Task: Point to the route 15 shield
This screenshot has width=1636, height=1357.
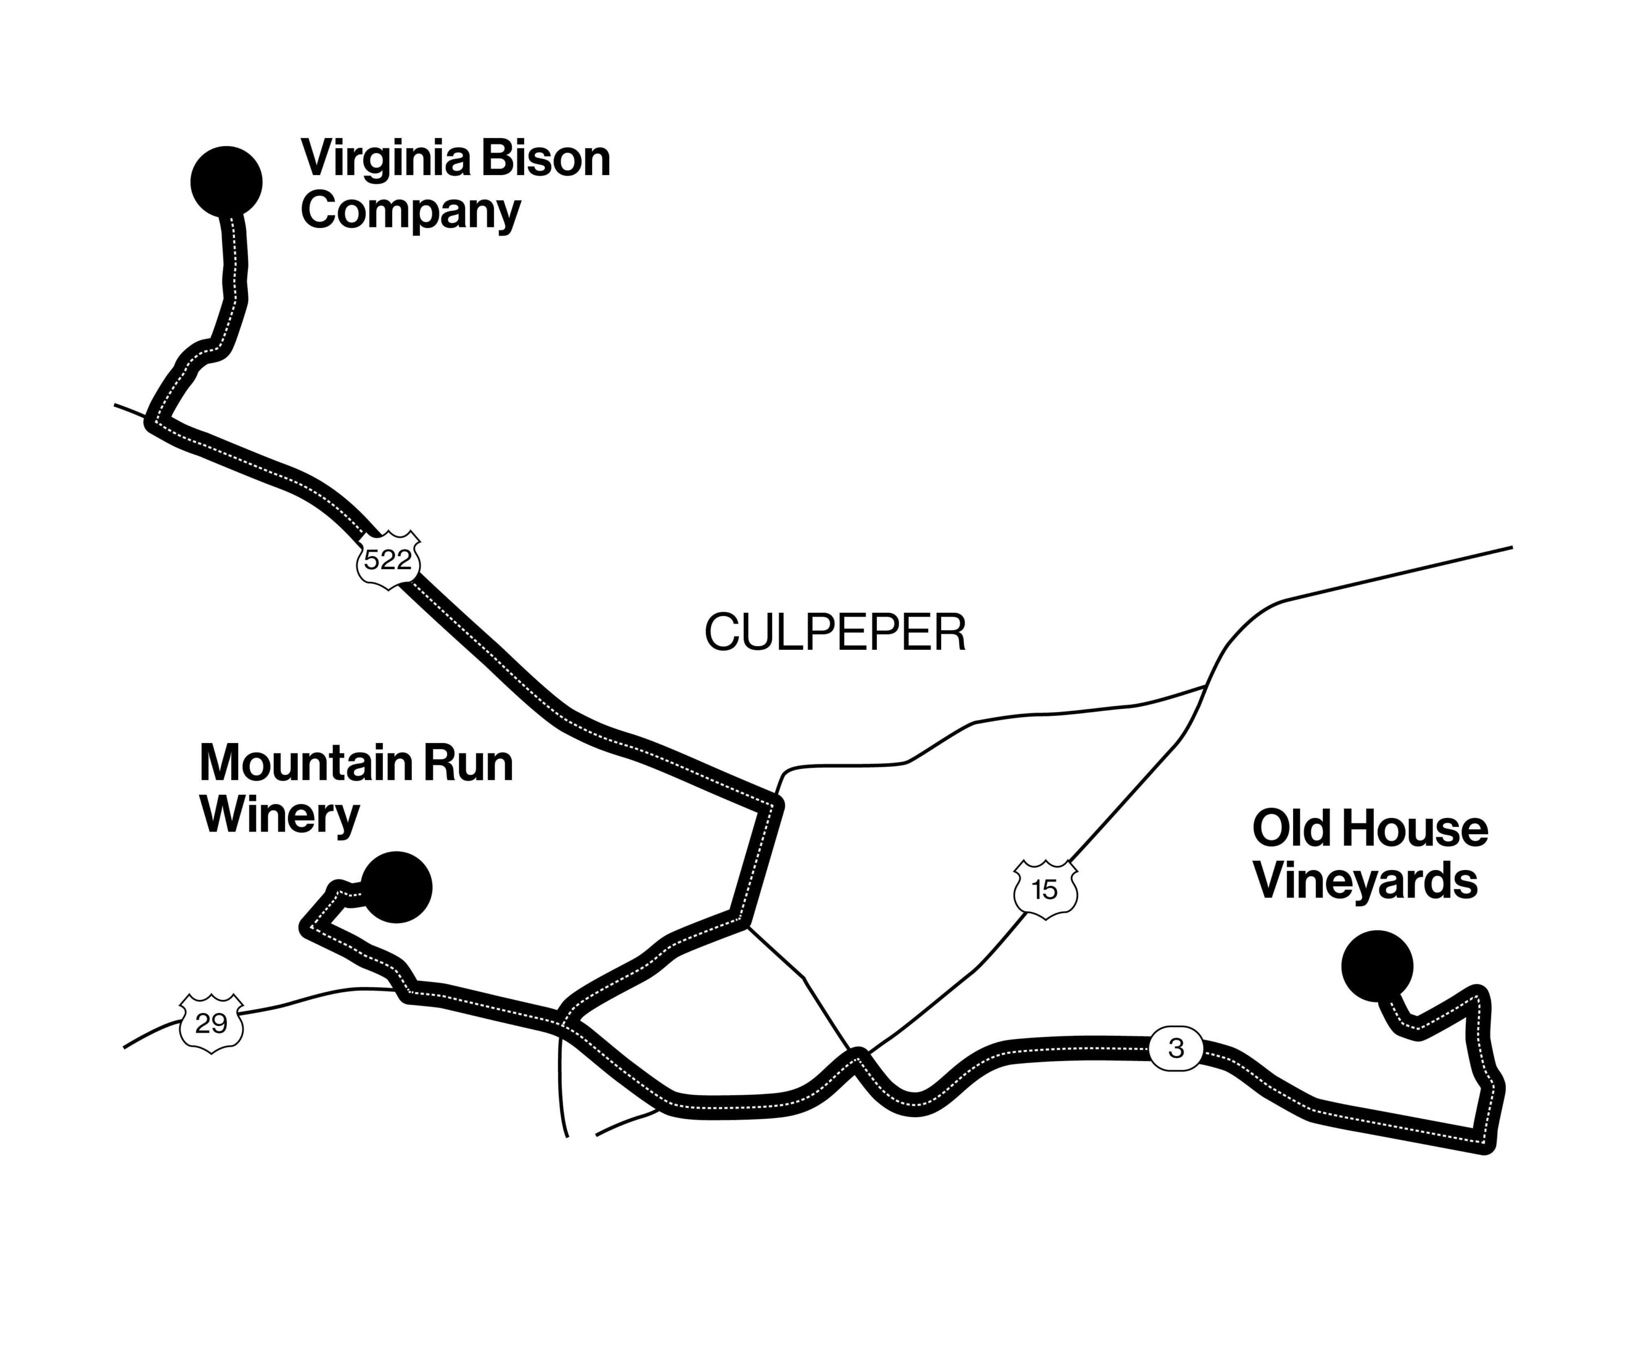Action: [1045, 890]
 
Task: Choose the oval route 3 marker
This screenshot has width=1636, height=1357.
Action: [1176, 1048]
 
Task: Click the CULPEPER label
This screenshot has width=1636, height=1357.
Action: [835, 632]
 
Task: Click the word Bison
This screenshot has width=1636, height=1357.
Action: [545, 158]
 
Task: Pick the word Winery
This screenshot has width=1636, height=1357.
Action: [280, 816]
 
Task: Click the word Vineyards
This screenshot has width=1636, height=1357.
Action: [1365, 882]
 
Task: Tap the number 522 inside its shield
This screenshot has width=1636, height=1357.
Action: [388, 559]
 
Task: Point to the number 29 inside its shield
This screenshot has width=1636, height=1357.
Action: [211, 1023]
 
